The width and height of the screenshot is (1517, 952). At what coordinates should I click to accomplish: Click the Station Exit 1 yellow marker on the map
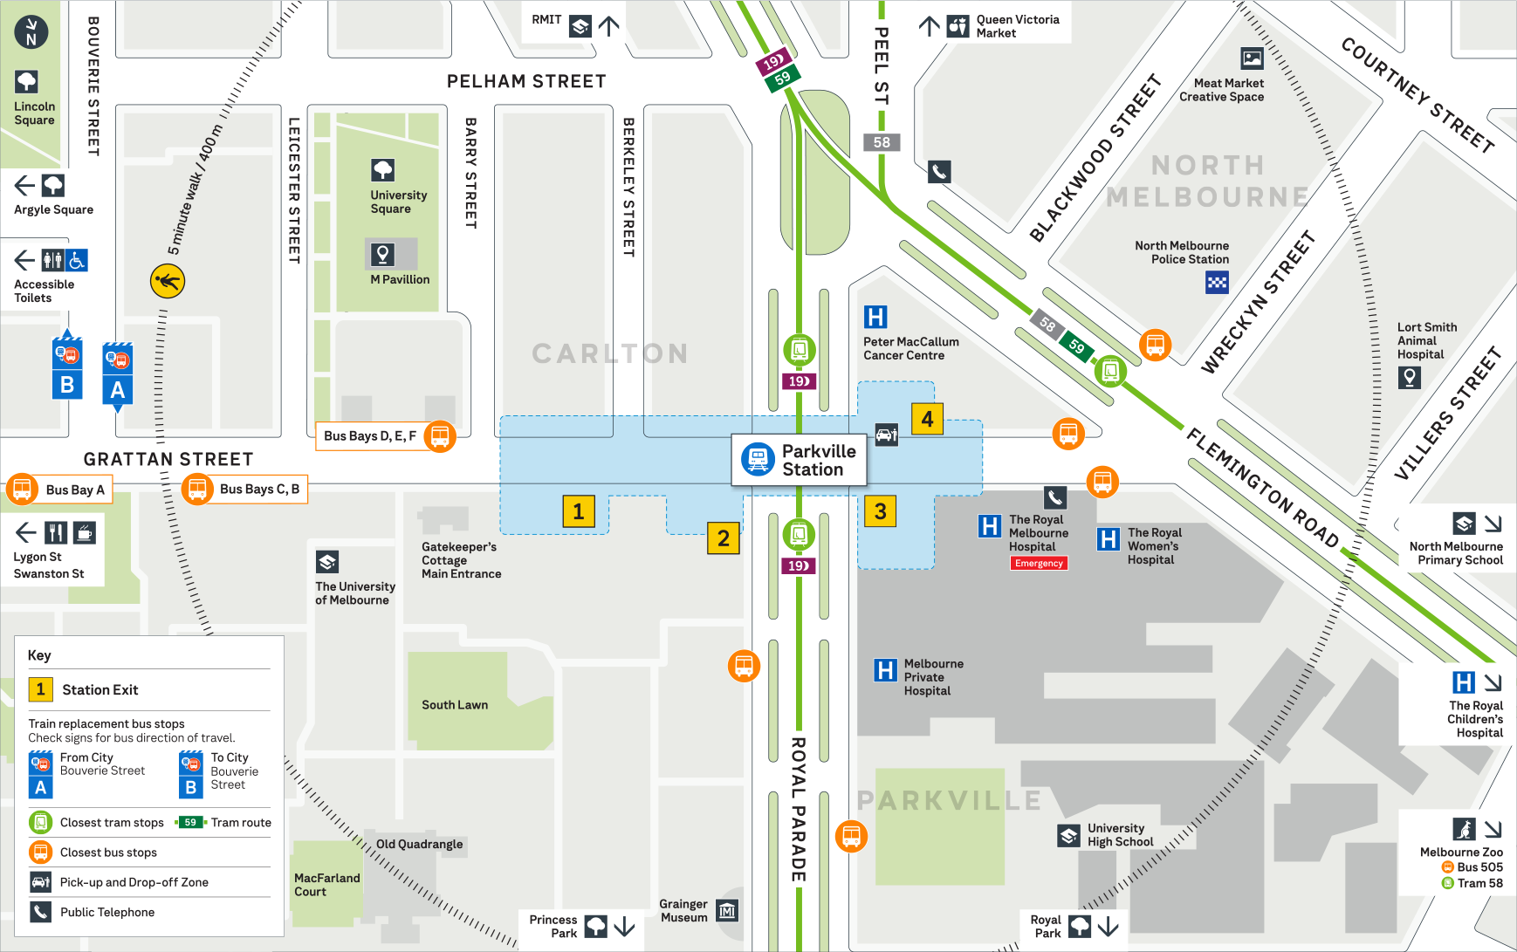coord(578,511)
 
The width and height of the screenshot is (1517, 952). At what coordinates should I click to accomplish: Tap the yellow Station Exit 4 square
coord(927,419)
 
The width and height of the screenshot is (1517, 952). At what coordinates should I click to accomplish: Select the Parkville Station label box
coord(799,460)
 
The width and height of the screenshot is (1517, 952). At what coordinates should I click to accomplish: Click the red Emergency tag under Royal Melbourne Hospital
coord(1039,564)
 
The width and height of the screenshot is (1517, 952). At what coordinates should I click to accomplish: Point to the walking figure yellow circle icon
coord(168,281)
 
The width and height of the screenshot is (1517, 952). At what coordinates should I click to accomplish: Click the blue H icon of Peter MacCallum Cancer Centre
coord(875,317)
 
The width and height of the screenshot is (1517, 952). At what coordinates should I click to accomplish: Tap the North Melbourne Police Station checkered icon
coord(1217,282)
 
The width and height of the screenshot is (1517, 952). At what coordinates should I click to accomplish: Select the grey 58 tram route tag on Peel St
coord(882,142)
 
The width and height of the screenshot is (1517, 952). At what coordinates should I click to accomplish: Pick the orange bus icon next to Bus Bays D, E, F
coord(440,435)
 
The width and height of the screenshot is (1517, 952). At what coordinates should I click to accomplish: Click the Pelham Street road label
coord(526,81)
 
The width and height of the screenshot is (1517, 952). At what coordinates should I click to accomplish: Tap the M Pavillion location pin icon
coord(382,254)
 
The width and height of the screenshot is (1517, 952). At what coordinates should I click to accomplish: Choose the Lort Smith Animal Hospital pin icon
coord(1409,377)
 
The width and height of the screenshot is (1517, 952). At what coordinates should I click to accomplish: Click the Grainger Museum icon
coord(727,911)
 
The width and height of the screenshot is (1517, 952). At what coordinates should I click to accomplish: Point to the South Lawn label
coord(455,705)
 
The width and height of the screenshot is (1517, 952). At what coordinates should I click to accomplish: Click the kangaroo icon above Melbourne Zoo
coord(1464,829)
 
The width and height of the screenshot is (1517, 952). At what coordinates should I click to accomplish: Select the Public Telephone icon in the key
coord(40,912)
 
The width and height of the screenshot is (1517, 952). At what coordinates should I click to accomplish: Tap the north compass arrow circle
coord(31,31)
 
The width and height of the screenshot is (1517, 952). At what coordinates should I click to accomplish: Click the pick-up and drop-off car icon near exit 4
coord(887,435)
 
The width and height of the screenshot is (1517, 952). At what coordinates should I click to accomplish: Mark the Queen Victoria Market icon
coord(958,26)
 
